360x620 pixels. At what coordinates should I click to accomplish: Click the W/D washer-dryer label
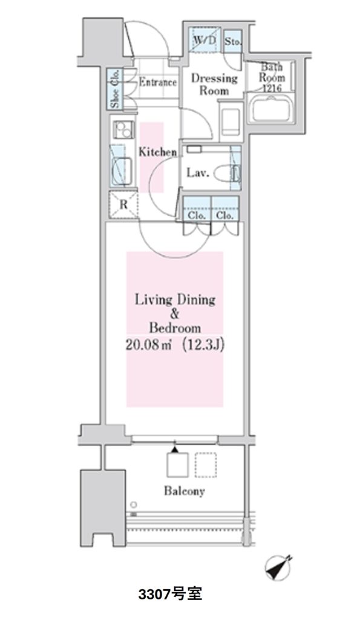tap(205, 39)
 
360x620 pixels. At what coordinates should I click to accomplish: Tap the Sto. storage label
tap(233, 41)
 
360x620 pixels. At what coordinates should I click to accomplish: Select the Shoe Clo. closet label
tap(115, 90)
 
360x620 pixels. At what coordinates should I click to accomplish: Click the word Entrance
tap(157, 82)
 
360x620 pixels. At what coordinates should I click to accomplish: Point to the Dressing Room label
tap(214, 84)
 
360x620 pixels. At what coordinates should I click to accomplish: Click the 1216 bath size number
tap(272, 88)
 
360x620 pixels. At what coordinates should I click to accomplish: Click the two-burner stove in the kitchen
tap(123, 129)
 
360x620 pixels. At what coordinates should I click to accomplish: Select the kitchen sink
tap(122, 170)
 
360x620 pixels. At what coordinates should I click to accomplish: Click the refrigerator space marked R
tap(123, 205)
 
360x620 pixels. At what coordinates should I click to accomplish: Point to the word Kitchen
tap(157, 152)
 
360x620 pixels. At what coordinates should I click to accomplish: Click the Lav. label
tap(197, 173)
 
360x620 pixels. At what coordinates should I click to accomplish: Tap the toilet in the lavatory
tap(227, 173)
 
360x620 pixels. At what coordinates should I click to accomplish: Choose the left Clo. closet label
tap(197, 215)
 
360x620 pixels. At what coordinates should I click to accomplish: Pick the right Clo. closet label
tap(224, 215)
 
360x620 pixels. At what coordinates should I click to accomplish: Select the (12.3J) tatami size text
tap(203, 345)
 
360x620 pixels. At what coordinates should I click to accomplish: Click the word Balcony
tap(185, 491)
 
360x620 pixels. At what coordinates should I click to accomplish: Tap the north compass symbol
tap(280, 569)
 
